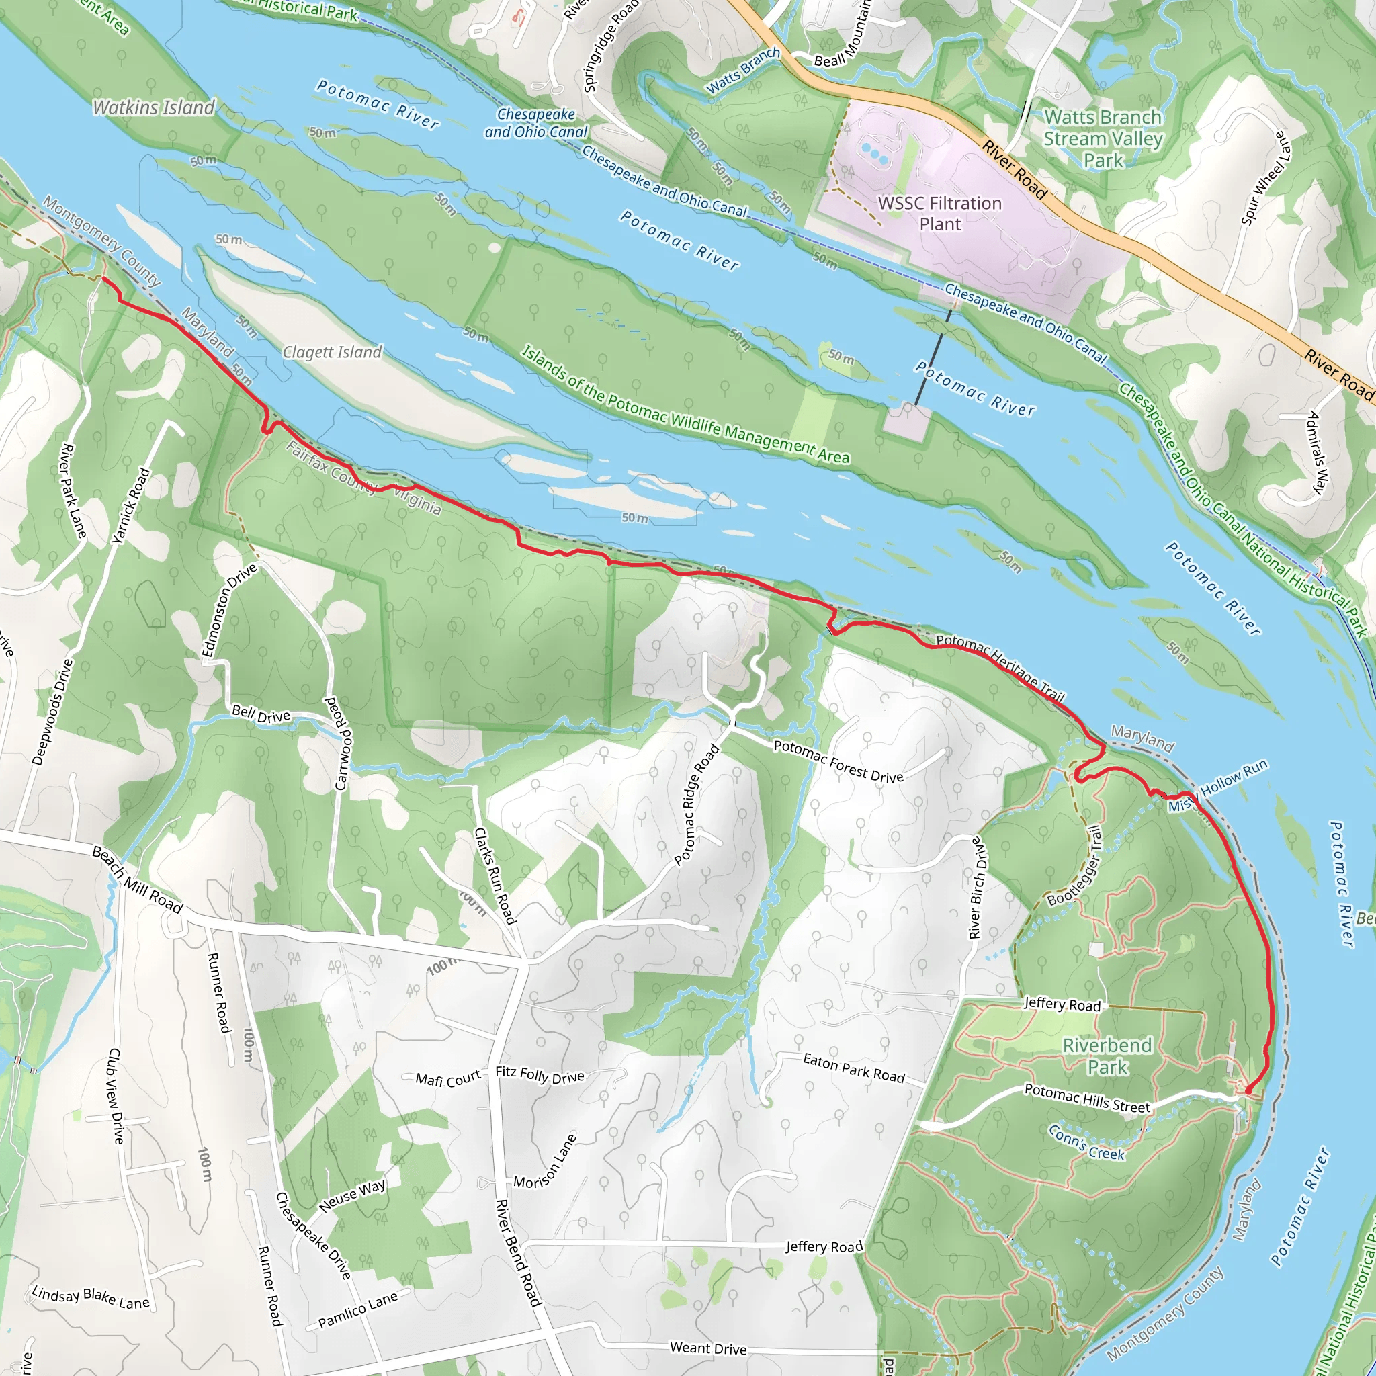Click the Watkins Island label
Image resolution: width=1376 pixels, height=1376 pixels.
pyautogui.click(x=154, y=107)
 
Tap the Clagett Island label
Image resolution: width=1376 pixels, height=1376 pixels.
pyautogui.click(x=332, y=352)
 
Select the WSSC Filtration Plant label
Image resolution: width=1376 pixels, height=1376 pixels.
pyautogui.click(x=939, y=214)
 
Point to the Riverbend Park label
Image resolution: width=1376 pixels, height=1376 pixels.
pyautogui.click(x=1107, y=1056)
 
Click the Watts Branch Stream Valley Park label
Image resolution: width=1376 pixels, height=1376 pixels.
pyautogui.click(x=1103, y=138)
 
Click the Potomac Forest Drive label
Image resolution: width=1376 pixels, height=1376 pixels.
pyautogui.click(x=838, y=761)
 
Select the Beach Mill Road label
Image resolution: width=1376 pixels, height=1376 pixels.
pyautogui.click(x=138, y=879)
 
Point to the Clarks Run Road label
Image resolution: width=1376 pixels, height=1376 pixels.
pyautogui.click(x=495, y=876)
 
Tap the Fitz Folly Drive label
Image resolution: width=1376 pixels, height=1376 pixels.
pyautogui.click(x=540, y=1075)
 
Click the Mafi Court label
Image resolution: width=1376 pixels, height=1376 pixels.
pyautogui.click(x=448, y=1080)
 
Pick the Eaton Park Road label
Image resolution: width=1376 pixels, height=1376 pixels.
pyautogui.click(x=854, y=1068)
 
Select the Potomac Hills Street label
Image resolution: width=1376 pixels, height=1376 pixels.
pyautogui.click(x=1087, y=1099)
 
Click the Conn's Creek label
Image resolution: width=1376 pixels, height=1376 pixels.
pyautogui.click(x=1086, y=1143)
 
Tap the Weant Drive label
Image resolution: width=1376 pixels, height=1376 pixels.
pyautogui.click(x=708, y=1348)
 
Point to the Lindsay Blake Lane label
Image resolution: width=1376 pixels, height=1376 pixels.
pyautogui.click(x=91, y=1297)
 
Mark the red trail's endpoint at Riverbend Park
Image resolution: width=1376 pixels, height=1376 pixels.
pyautogui.click(x=1248, y=1089)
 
